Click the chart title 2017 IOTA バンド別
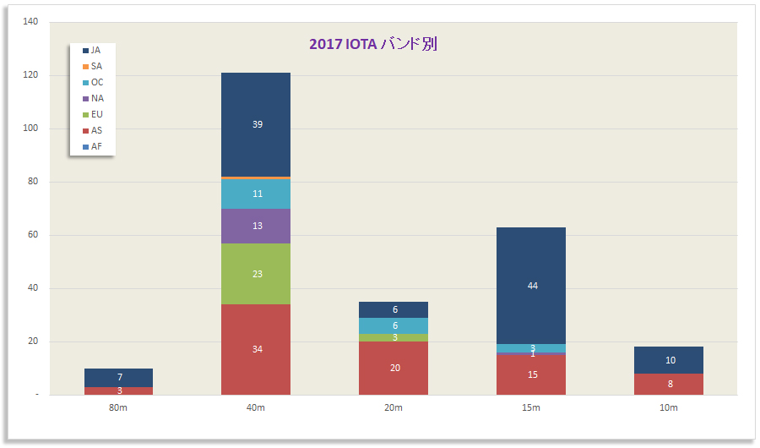click(x=372, y=44)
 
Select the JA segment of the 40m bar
click(x=256, y=124)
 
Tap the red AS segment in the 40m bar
click(x=256, y=349)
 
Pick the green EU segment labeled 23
click(x=256, y=273)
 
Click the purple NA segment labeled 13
click(x=256, y=226)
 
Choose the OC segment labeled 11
click(x=256, y=194)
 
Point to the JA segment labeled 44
click(x=531, y=286)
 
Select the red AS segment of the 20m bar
click(x=394, y=368)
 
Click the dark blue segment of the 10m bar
click(x=669, y=360)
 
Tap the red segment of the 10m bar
click(x=669, y=384)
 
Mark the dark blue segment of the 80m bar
click(x=119, y=377)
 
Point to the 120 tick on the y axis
click(x=30, y=75)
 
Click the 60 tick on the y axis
click(x=32, y=235)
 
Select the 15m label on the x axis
click(x=531, y=408)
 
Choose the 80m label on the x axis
click(x=119, y=408)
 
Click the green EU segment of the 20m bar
click(x=394, y=337)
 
